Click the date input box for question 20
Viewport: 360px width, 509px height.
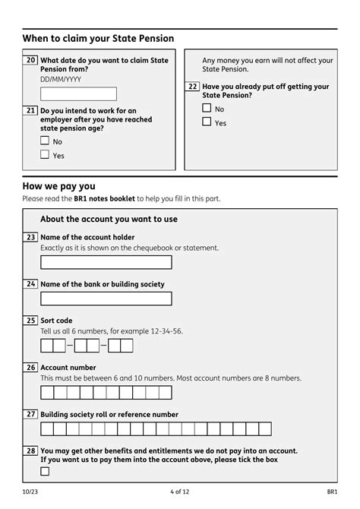pyautogui.click(x=78, y=94)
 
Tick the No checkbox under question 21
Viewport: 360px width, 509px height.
pyautogui.click(x=45, y=141)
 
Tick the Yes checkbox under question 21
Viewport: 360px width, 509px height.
pyautogui.click(x=45, y=155)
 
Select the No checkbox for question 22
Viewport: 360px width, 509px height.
pyautogui.click(x=207, y=108)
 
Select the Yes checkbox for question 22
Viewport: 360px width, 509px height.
pyautogui.click(x=207, y=122)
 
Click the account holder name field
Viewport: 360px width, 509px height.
pyautogui.click(x=106, y=262)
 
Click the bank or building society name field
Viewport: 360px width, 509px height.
pyautogui.click(x=106, y=299)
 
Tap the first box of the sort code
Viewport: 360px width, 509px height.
pyautogui.click(x=46, y=346)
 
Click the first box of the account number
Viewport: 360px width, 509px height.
pyautogui.click(x=46, y=393)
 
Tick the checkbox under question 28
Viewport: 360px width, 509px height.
pyautogui.click(x=45, y=471)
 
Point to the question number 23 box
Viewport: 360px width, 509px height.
pyautogui.click(x=30, y=237)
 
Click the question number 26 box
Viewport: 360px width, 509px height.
pyautogui.click(x=30, y=368)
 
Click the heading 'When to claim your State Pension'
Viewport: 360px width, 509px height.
pyautogui.click(x=98, y=38)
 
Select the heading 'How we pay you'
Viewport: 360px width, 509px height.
pyautogui.click(x=58, y=186)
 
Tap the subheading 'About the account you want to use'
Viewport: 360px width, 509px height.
pyautogui.click(x=109, y=220)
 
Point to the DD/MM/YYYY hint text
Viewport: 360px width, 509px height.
pyautogui.click(x=61, y=79)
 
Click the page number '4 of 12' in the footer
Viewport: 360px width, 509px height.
pyautogui.click(x=180, y=492)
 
